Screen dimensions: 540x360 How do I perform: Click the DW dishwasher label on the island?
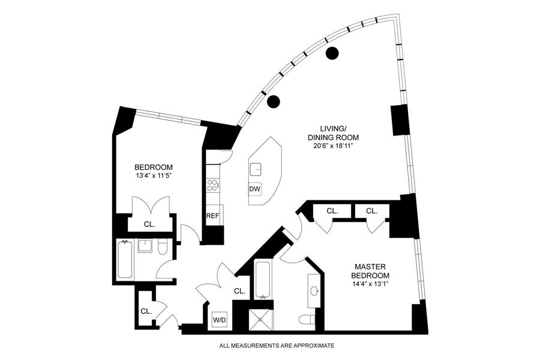[255, 190]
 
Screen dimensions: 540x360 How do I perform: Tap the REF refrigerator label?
[212, 216]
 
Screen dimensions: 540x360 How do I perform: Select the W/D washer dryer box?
[219, 320]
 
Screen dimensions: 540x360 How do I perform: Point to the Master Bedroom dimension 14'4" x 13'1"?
[371, 285]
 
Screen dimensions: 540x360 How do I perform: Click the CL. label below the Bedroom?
[149, 224]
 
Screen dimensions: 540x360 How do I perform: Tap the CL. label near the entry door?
[146, 311]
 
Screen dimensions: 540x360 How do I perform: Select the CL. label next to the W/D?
[239, 291]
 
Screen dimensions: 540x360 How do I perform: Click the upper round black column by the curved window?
[331, 53]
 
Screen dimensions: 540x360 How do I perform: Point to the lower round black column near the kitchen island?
[273, 101]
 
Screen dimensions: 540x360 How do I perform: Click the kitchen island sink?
[256, 169]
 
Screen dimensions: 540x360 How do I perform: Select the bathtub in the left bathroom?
[125, 259]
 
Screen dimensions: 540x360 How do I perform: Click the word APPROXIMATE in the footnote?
[310, 346]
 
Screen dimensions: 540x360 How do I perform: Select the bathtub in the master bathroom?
[262, 280]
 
